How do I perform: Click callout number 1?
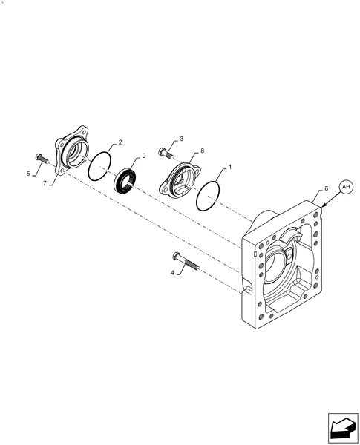(230, 167)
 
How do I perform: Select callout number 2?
(120, 142)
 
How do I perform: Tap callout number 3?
(182, 139)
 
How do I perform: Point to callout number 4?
(172, 273)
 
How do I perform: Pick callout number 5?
(28, 174)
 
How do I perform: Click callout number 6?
(326, 188)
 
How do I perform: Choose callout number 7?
(45, 183)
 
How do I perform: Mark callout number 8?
(203, 151)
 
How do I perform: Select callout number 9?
(144, 156)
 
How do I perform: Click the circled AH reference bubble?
(346, 187)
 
